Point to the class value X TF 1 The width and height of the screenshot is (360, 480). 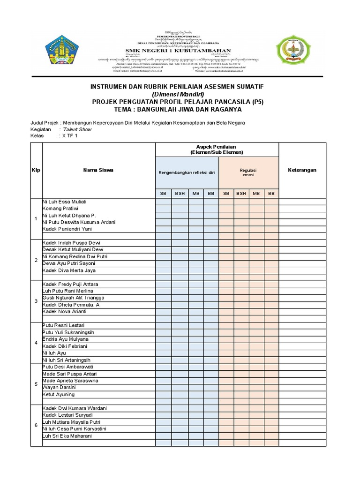click(x=69, y=136)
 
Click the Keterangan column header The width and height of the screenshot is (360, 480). click(x=301, y=170)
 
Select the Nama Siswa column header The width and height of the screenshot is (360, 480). click(x=98, y=170)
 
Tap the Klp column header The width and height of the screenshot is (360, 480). click(x=36, y=170)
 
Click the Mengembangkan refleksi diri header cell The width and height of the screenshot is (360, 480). click(x=187, y=172)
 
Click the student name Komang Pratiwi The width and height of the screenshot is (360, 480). click(x=60, y=208)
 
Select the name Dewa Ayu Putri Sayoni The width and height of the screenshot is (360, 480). click(x=68, y=263)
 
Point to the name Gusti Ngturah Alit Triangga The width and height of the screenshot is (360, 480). click(x=73, y=298)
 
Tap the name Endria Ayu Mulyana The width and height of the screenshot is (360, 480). click(x=66, y=339)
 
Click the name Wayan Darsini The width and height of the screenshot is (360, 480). click(x=59, y=387)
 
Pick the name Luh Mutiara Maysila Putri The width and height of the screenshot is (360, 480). click(x=71, y=422)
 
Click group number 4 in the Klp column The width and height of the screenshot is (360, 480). click(x=36, y=343)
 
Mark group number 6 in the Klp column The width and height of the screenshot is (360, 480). click(x=36, y=425)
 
